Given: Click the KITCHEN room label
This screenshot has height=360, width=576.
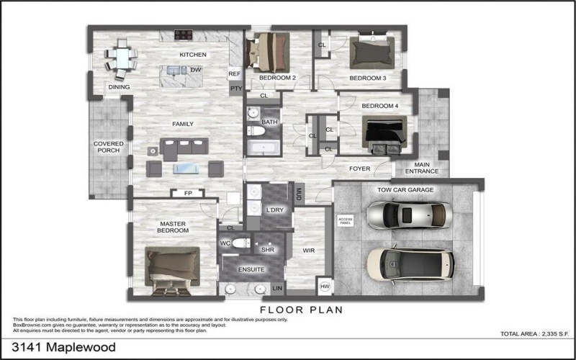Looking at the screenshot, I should click(193, 55).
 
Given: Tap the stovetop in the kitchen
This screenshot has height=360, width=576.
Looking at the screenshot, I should click(182, 34).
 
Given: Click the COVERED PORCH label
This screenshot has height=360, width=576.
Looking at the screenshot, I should click(109, 147).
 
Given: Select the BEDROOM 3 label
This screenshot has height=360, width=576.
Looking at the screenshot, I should click(367, 78).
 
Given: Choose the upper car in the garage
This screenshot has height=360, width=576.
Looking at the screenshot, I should click(409, 214).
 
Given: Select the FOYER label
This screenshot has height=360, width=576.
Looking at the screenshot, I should click(359, 169).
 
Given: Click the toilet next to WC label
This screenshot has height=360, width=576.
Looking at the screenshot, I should click(243, 243).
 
